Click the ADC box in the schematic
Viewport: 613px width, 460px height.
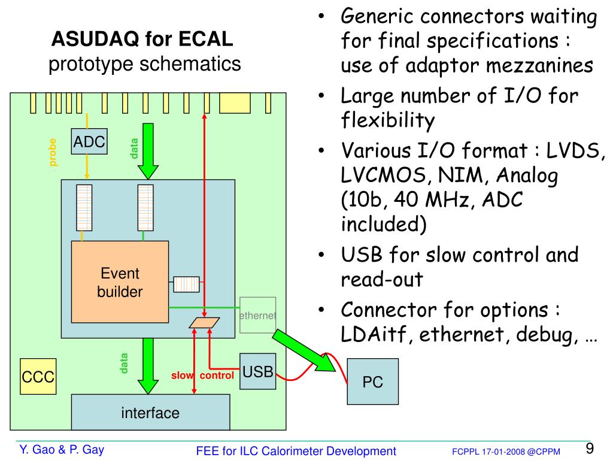pyautogui.click(x=89, y=141)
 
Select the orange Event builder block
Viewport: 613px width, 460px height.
pyautogui.click(x=120, y=282)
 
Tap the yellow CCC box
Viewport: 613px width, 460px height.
pyautogui.click(x=38, y=376)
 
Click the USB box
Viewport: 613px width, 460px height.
pyautogui.click(x=257, y=371)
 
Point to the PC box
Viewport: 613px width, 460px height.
pyautogui.click(x=372, y=382)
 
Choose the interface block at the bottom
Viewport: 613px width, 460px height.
pyautogui.click(x=150, y=412)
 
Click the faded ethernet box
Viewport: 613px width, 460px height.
pyautogui.click(x=257, y=315)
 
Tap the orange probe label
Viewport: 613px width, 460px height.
pyautogui.click(x=53, y=152)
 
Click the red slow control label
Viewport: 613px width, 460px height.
pyautogui.click(x=202, y=376)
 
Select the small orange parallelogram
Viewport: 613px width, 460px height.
pyautogui.click(x=204, y=323)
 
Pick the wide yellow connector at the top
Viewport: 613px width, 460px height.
pyautogui.click(x=235, y=103)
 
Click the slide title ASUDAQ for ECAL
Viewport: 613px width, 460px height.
pyautogui.click(x=142, y=39)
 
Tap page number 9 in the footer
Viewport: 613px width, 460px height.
pyautogui.click(x=590, y=448)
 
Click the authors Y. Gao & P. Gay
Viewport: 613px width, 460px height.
pyautogui.click(x=62, y=450)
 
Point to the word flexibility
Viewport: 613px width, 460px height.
pyautogui.click(x=387, y=120)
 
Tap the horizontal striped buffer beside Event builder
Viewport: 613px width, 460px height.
pyautogui.click(x=187, y=285)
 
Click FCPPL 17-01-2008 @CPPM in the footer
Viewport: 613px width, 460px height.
pyautogui.click(x=506, y=452)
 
